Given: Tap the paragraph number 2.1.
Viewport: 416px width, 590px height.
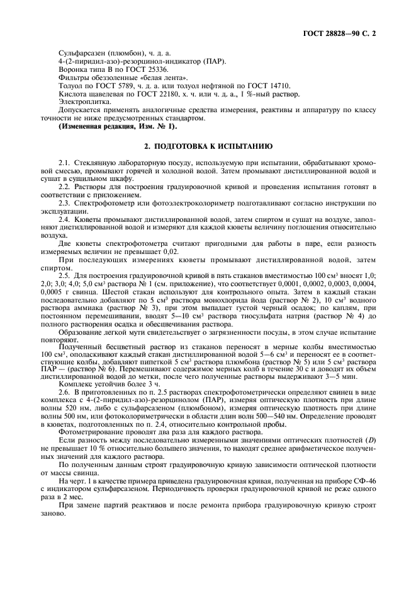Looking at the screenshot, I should pyautogui.click(x=65, y=163).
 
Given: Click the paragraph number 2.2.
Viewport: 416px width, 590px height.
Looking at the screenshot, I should pyautogui.click(x=65, y=187).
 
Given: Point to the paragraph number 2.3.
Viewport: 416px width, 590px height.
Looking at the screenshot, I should pyautogui.click(x=65, y=202).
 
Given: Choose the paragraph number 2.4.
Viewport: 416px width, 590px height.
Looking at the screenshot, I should pyautogui.click(x=65, y=219).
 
